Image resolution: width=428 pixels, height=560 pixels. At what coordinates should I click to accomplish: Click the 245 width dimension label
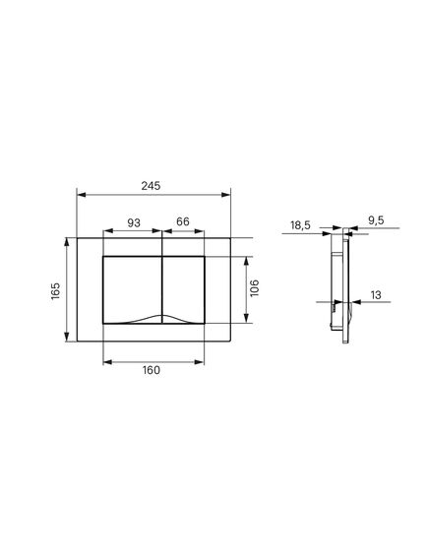coord(151,186)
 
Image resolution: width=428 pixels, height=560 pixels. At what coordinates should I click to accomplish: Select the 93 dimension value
coord(134,222)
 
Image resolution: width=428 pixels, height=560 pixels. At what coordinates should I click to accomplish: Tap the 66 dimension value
coord(183,221)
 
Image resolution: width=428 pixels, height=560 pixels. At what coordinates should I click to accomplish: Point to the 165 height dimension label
coord(56,291)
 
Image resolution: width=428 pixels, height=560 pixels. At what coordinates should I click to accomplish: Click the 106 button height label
coord(254,288)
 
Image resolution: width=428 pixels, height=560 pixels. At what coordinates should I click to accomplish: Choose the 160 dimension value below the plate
coord(152,370)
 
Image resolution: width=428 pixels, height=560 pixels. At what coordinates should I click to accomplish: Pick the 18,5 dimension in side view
coord(300,225)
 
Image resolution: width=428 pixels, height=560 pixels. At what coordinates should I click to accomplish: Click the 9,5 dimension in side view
coord(376,220)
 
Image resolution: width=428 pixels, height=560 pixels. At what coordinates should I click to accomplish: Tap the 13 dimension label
coord(376,295)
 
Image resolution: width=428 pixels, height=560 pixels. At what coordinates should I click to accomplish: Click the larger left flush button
coord(133,285)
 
